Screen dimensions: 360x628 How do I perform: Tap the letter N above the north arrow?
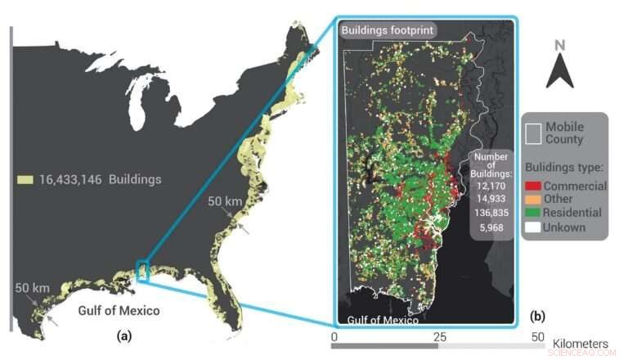click(560, 45)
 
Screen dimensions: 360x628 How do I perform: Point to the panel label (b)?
click(538, 315)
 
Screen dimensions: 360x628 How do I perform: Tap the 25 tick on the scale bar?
click(439, 336)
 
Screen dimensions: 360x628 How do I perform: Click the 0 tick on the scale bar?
click(334, 336)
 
